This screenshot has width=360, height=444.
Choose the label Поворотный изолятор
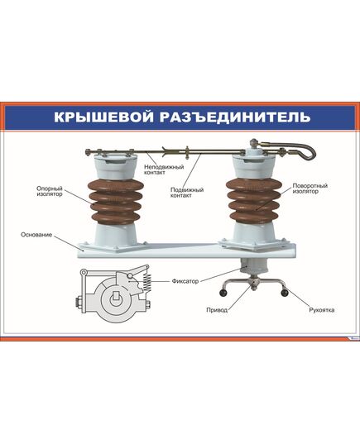tap(310, 190)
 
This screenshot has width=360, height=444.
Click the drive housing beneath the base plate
tap(251, 266)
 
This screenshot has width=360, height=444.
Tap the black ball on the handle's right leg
tap(283, 293)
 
